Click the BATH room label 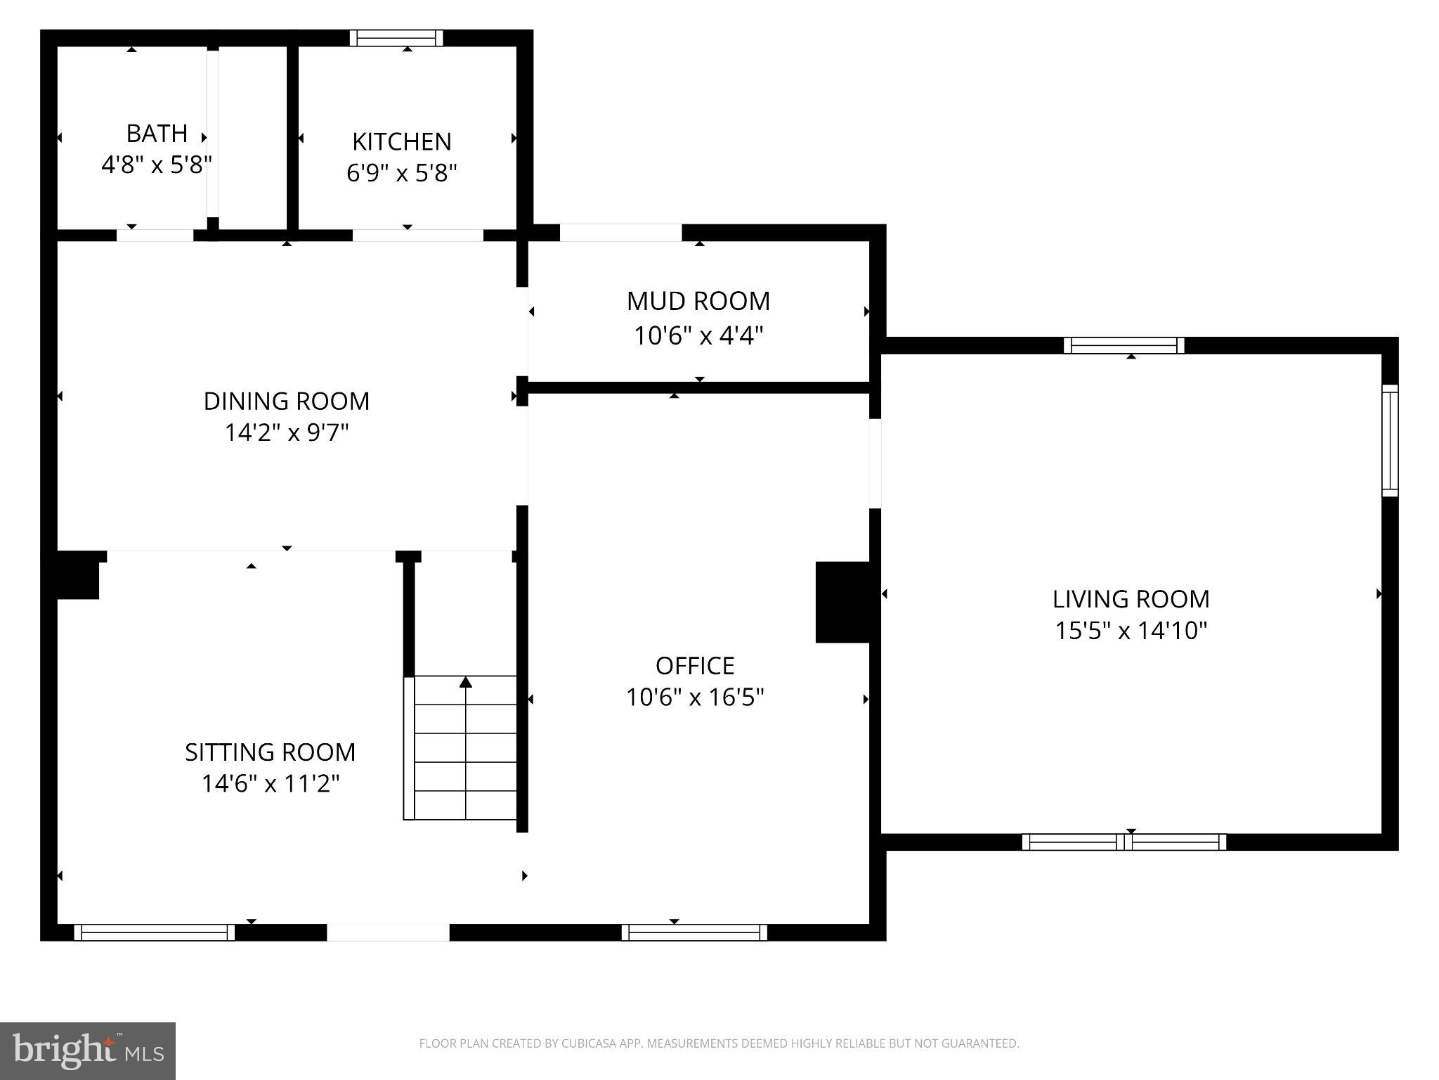pos(157,133)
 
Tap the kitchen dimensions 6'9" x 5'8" pos(402,172)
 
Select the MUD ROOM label pos(698,301)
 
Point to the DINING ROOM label pos(286,401)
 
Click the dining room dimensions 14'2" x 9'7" pos(286,432)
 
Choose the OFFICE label pos(695,665)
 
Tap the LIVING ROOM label pos(1131,599)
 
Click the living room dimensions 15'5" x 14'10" pos(1131,630)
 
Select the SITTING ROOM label pos(270,752)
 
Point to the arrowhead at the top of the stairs pos(466,682)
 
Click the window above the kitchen pos(396,38)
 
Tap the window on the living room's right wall pos(1390,440)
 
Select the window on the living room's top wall pos(1124,345)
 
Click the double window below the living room pos(1124,842)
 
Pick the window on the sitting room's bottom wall pos(154,932)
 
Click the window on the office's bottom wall pos(694,932)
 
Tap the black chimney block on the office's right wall pos(842,602)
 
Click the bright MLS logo pos(88,1050)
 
